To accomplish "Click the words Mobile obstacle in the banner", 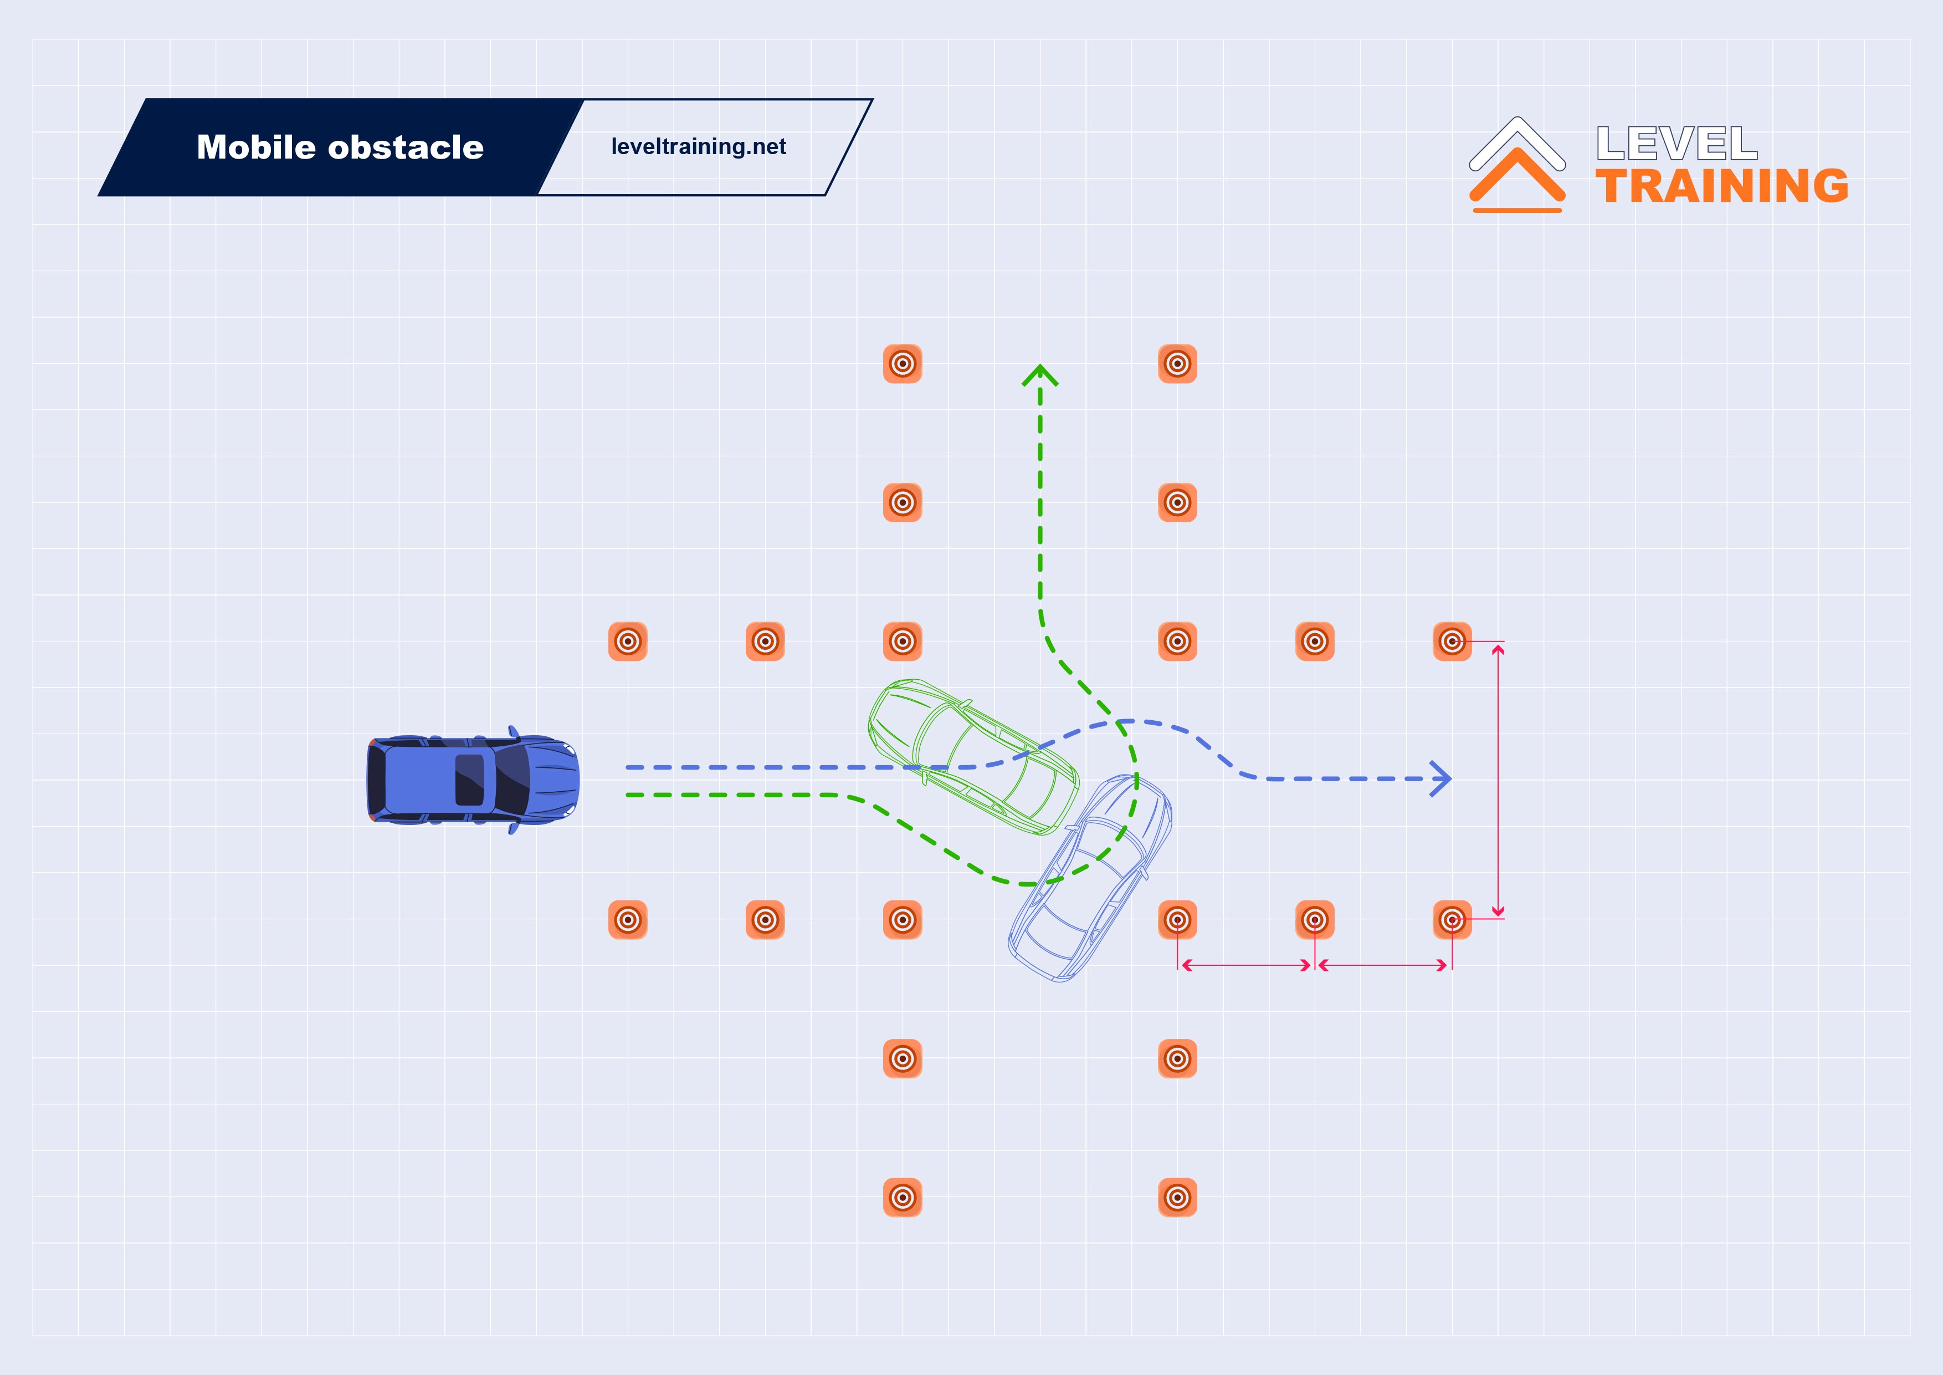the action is pos(340,147).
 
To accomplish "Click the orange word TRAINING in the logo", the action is pos(1722,186).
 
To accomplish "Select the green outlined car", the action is pos(973,756).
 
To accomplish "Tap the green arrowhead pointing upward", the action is pos(1040,375).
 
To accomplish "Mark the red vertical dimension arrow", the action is pos(1498,780).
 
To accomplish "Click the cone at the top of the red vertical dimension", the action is pos(1452,641).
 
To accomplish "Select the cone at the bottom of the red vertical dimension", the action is pos(1452,919).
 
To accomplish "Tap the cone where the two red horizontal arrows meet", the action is pos(1315,919).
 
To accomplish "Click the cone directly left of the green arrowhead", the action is pos(903,364).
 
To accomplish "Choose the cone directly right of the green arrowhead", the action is pos(1177,364).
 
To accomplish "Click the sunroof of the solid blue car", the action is pos(470,780).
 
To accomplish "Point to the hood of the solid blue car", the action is pos(550,780).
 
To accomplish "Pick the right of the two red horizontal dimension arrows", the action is pos(1383,965).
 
